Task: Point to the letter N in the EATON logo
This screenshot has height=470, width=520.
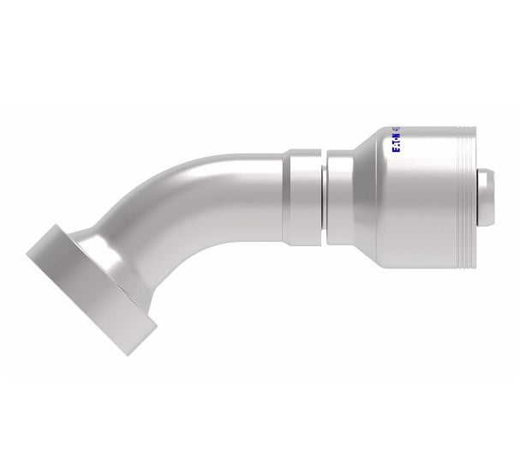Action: (x=395, y=135)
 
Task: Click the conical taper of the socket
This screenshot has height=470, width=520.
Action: (x=360, y=193)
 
